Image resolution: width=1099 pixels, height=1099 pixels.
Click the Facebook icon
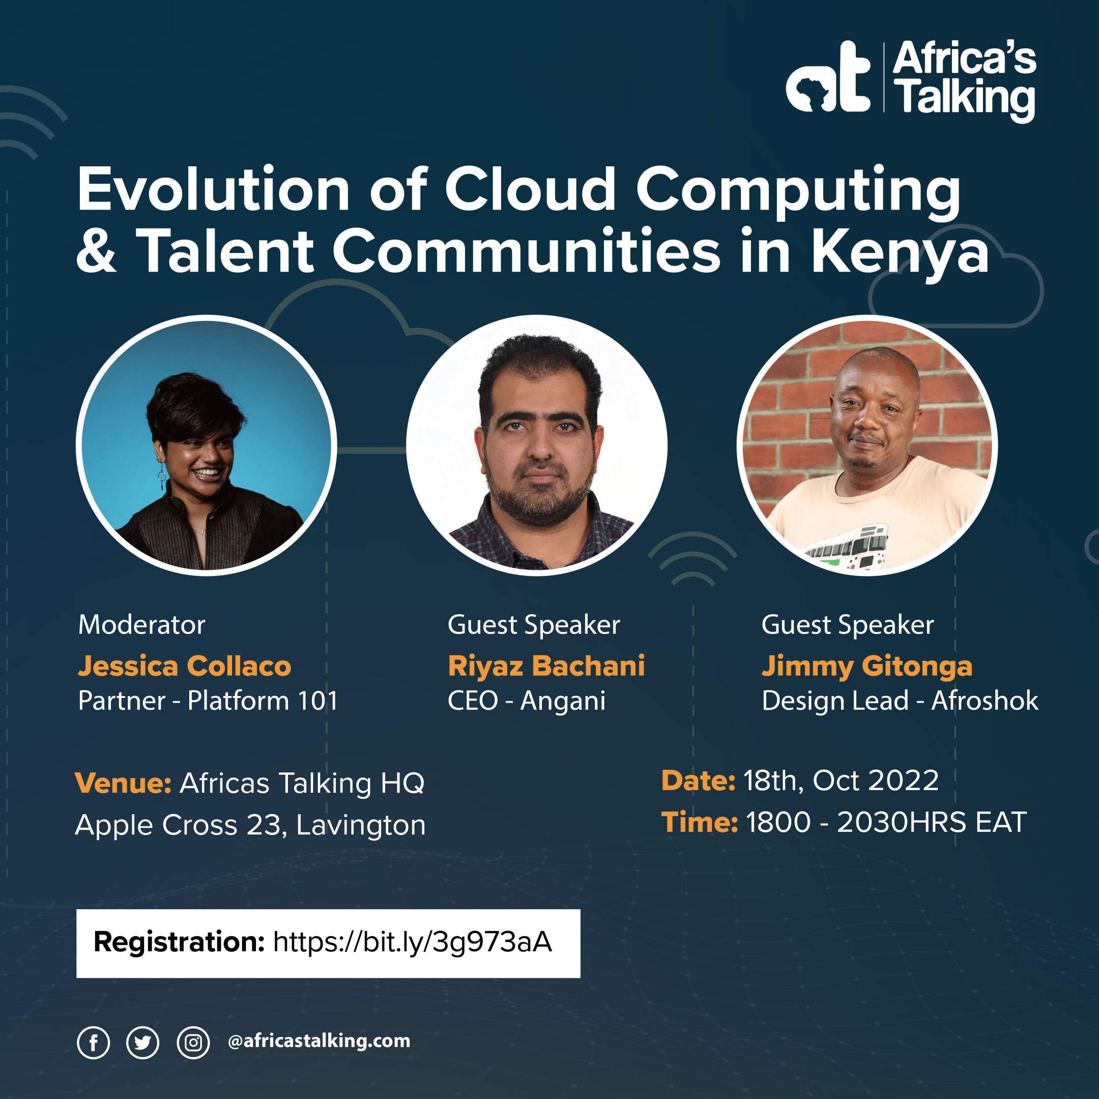(93, 1042)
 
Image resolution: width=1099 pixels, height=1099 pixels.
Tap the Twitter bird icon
(142, 1042)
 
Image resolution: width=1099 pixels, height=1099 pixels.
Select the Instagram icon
(193, 1042)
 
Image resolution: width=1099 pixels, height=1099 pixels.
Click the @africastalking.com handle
(319, 1041)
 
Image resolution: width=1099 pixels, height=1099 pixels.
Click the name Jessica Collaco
(184, 666)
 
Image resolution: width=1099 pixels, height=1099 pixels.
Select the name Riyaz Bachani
(546, 666)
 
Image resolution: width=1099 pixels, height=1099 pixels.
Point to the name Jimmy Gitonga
(867, 666)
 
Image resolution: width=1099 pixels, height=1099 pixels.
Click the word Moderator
(141, 625)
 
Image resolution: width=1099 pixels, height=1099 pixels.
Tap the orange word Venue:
(123, 784)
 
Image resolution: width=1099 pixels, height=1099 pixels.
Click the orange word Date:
(698, 780)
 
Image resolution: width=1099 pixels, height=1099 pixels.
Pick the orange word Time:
(699, 823)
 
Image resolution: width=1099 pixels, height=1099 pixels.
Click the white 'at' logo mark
(828, 78)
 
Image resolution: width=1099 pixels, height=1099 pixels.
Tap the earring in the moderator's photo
(162, 477)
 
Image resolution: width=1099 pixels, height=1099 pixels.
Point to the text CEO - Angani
(526, 701)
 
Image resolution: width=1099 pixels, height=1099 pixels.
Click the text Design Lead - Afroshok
(900, 701)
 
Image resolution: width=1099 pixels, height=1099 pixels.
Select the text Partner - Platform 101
(208, 701)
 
